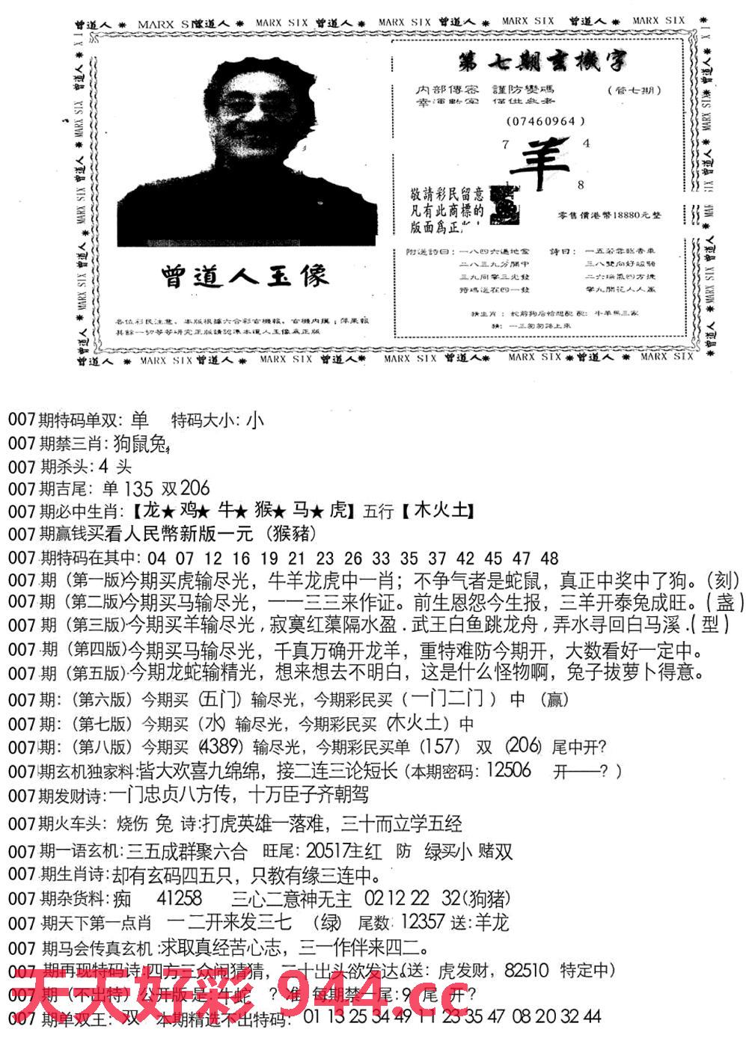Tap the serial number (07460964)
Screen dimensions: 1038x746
(x=545, y=121)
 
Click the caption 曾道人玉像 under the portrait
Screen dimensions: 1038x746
(x=244, y=275)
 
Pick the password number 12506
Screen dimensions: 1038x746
(x=508, y=770)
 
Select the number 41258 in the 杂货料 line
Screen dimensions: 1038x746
(x=180, y=897)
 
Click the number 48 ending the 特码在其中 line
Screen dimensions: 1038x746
(x=549, y=558)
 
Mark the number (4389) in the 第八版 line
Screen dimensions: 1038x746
(x=220, y=746)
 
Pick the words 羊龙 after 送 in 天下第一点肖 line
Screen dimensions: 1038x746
(x=491, y=922)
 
